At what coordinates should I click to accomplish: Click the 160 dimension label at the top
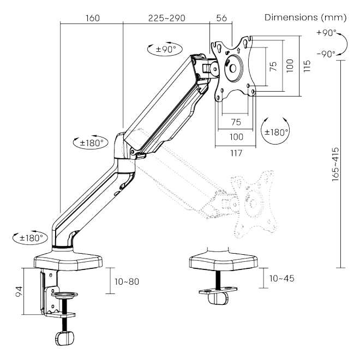tap(92, 17)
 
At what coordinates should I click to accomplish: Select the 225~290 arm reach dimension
tap(167, 17)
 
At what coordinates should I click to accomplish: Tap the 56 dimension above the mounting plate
tap(220, 17)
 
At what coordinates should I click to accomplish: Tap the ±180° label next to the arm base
tap(30, 237)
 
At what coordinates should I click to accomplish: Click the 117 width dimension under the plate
tap(235, 154)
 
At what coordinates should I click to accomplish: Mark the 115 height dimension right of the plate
tap(308, 66)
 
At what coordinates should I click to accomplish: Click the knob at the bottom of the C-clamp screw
tap(64, 339)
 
